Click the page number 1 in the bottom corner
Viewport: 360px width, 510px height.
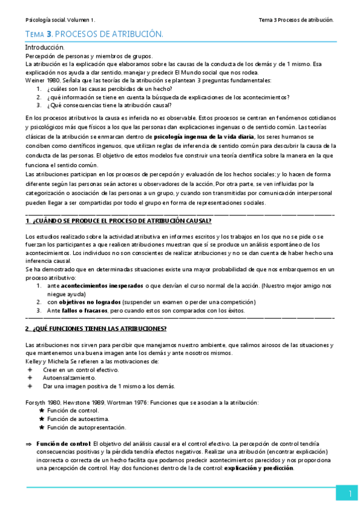coord(349,494)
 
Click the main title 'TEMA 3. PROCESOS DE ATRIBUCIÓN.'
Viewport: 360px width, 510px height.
coord(94,35)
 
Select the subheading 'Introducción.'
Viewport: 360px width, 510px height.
coord(44,47)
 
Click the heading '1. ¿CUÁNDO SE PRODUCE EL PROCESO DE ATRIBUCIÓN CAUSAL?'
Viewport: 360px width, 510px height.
coord(118,221)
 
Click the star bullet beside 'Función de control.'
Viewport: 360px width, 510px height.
coord(41,410)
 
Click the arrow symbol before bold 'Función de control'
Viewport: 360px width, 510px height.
coord(28,444)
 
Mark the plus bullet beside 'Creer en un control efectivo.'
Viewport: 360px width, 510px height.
coord(29,369)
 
